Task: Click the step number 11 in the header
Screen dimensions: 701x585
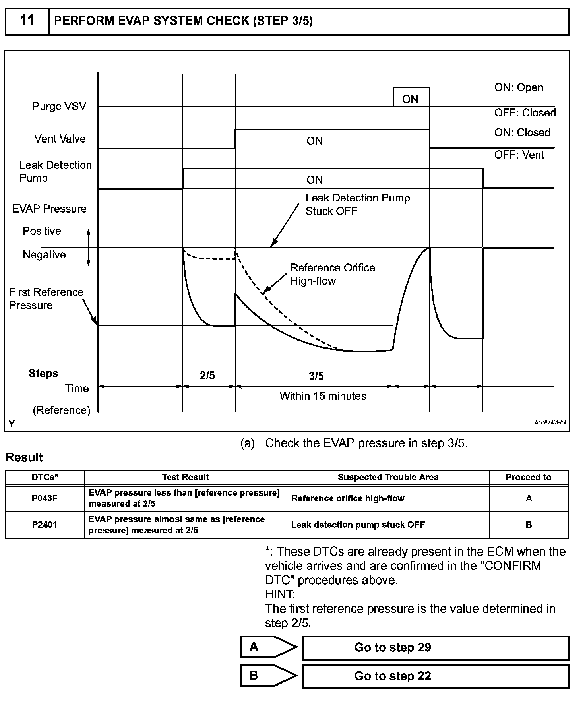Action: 27,21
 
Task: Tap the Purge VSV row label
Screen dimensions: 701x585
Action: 59,107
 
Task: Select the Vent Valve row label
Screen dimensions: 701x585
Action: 60,139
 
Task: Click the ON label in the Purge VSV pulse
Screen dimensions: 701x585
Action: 410,99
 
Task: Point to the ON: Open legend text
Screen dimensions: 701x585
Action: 518,87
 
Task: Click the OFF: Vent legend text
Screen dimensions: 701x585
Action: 519,155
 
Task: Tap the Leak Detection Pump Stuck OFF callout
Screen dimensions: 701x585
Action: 357,204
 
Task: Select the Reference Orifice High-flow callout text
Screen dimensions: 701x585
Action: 332,274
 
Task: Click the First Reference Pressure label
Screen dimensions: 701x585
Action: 46,298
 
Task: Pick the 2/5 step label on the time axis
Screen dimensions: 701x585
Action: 207,376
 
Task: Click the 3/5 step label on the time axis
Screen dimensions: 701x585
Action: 316,376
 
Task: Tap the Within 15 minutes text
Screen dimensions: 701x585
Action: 323,396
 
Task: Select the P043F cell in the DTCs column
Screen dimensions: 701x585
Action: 45,498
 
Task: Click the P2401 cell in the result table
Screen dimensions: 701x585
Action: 45,525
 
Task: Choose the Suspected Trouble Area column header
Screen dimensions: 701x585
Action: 388,477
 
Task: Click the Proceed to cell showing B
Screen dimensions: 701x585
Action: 529,525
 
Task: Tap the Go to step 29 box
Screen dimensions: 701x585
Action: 435,647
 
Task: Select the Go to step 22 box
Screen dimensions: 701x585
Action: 435,676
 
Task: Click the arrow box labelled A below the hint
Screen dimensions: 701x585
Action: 268,647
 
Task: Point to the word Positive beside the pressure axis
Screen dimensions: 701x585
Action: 42,231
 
